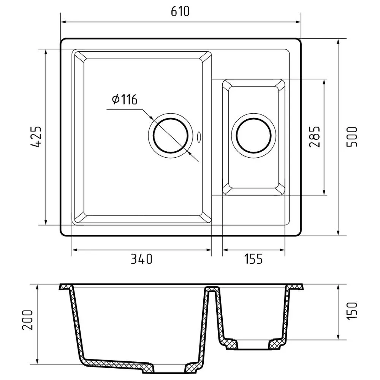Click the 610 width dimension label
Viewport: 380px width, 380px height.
tap(180, 12)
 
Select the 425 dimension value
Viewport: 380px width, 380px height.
tap(36, 137)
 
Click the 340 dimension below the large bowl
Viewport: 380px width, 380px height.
tap(141, 259)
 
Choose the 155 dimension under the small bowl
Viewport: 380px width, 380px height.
tap(252, 259)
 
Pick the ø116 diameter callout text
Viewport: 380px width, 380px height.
tap(124, 100)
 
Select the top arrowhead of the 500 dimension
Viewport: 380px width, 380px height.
tap(338, 41)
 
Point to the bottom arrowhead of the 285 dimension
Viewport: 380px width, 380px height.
tap(325, 193)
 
